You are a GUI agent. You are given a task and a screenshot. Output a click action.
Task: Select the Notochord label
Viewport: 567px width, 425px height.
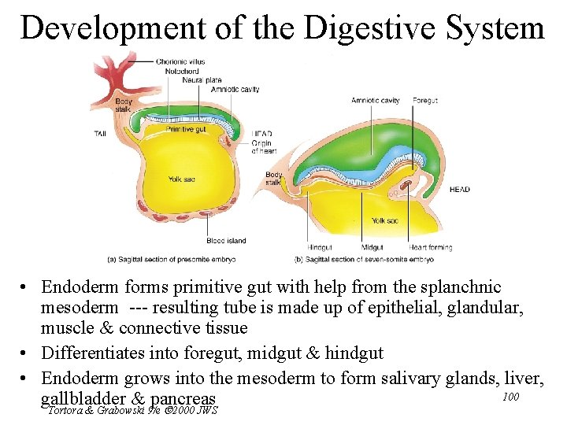coord(182,71)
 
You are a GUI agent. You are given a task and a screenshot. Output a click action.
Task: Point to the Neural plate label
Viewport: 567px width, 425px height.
coord(202,80)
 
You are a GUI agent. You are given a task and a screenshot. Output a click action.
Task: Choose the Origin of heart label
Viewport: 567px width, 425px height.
coord(264,147)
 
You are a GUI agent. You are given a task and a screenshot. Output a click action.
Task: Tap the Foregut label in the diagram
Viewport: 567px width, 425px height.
coord(425,101)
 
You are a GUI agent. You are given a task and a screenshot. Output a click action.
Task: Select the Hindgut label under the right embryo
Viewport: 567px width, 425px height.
coord(319,247)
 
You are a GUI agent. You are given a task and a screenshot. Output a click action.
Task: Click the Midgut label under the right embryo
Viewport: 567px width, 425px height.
coord(372,247)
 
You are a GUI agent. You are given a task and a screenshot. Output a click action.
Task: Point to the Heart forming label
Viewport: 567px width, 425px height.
coord(431,247)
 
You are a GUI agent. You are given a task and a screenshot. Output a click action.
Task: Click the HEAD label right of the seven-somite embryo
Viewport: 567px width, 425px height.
coord(460,190)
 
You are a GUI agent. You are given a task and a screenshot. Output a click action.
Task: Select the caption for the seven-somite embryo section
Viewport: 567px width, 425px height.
coord(364,259)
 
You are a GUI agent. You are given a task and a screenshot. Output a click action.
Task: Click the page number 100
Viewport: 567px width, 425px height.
coord(510,396)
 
